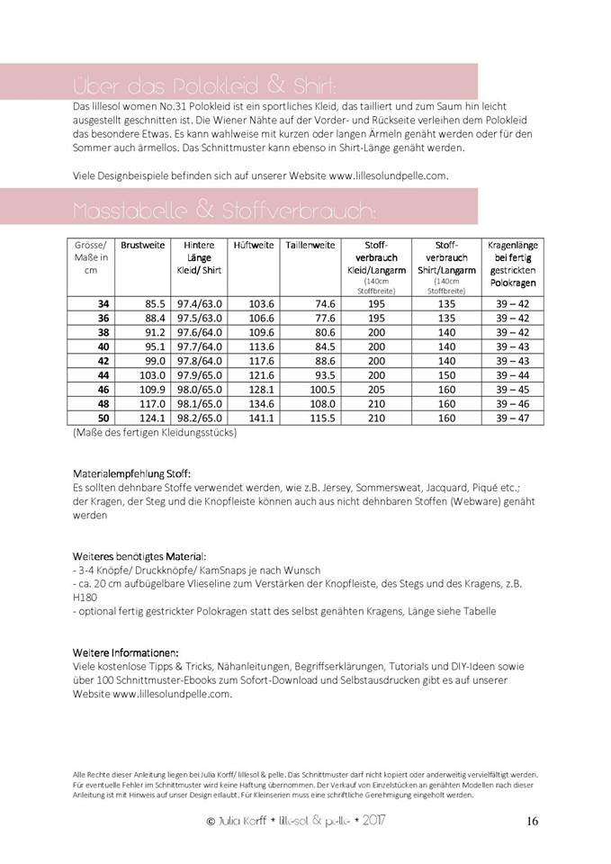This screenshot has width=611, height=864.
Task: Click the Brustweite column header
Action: click(143, 245)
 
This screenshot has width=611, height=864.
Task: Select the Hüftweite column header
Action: click(253, 245)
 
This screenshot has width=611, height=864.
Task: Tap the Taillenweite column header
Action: click(310, 245)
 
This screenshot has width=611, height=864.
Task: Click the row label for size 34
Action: click(103, 304)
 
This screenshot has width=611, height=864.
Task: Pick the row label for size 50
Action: click(103, 418)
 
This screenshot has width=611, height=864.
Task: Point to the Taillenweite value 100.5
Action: click(321, 390)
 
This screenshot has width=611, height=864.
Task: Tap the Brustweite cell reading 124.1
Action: click(152, 418)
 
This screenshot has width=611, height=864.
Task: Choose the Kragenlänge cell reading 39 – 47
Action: click(512, 418)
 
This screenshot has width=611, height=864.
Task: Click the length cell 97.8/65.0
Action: click(202, 361)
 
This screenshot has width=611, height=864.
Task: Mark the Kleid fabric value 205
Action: click(376, 390)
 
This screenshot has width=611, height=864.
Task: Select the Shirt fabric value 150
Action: click(446, 375)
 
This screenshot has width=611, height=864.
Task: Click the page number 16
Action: click(532, 821)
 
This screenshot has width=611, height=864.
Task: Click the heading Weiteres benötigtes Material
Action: click(139, 557)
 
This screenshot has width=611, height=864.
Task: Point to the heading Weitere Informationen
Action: click(125, 652)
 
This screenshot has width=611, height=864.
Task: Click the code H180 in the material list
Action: click(84, 598)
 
